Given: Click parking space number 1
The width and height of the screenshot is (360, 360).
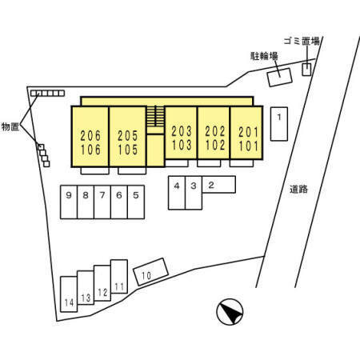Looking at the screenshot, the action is tap(279, 124).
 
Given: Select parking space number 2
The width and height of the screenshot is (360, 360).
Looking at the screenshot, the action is tap(218, 184).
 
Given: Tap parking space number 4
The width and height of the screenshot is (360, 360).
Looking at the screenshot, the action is tap(177, 193).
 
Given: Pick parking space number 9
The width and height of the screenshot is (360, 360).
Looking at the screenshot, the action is tap(69, 202).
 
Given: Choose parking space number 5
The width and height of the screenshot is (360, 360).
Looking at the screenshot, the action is tap(136, 202).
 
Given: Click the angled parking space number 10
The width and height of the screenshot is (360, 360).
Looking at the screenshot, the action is tap(151, 272).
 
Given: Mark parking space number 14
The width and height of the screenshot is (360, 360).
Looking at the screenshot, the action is tap(69, 294).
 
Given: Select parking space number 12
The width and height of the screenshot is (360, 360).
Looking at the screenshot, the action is tap(102, 283).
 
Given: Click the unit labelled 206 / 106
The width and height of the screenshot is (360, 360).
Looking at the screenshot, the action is tap(90, 137).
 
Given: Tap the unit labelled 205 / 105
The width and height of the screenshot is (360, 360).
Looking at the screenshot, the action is tap(128, 137).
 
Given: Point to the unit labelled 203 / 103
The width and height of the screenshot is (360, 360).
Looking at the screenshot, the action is tap(181, 133).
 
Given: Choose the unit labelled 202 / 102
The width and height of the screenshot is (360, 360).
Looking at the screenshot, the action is tap(214, 133).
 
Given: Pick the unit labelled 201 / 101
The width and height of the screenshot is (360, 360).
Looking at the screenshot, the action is tap(246, 133).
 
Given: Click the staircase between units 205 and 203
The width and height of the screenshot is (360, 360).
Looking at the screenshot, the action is tap(155, 116).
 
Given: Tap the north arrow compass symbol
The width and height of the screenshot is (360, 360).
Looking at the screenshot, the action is tap(230, 312).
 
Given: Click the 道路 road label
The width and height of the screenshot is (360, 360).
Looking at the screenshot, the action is tap(298, 190).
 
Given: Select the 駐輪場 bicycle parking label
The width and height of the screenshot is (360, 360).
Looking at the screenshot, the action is tap(264, 56).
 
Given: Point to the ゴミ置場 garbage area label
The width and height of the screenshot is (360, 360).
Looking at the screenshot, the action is tap(302, 41).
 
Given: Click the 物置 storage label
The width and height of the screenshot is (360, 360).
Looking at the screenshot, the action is tap(10, 126).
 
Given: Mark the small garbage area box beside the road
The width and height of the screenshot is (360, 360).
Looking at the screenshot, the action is tap(306, 70).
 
